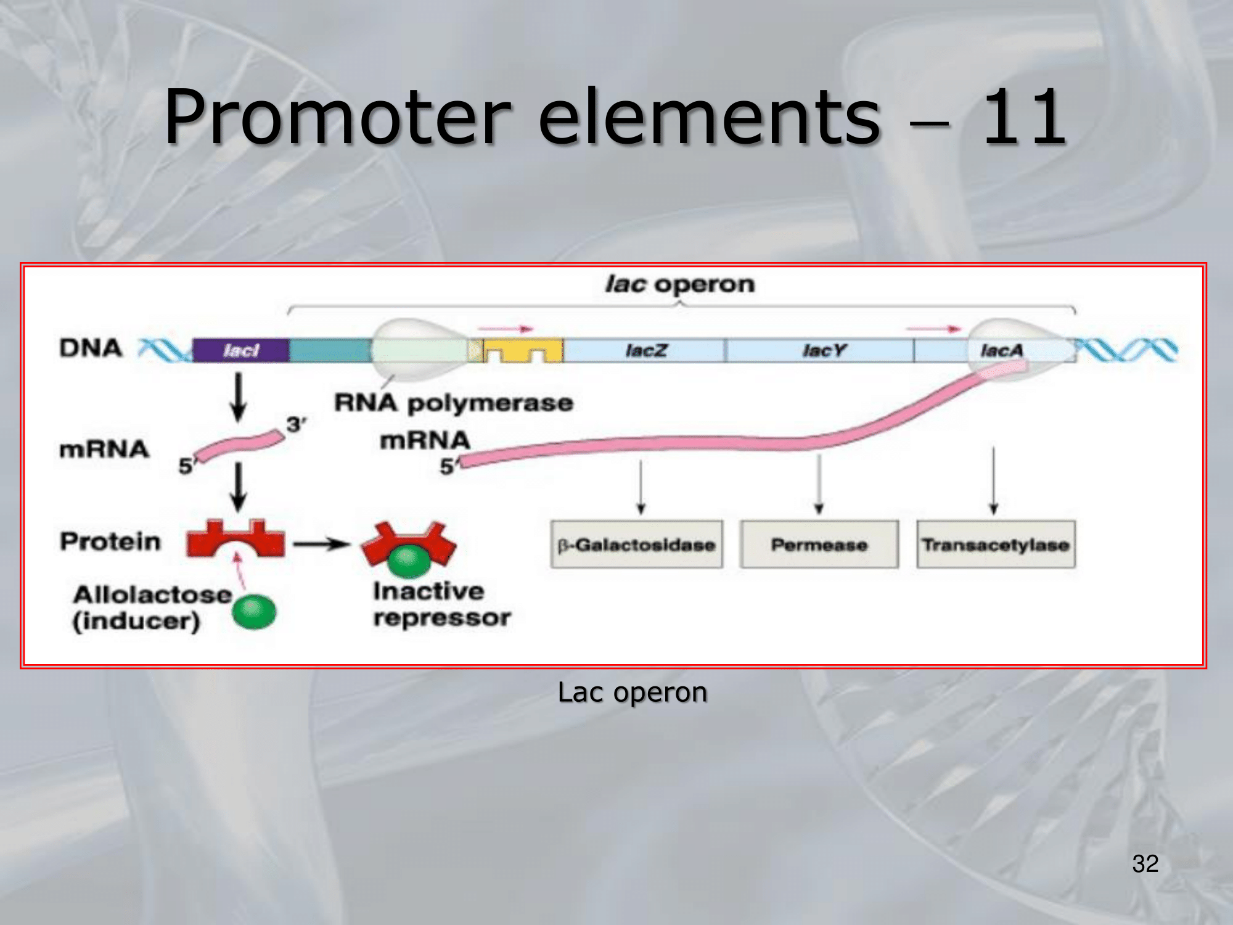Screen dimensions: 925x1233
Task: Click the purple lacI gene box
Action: click(x=240, y=350)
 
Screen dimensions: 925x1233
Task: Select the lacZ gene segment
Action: click(x=645, y=350)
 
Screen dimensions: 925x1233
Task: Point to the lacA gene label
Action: click(x=1001, y=350)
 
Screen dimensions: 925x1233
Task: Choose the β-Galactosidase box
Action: click(x=636, y=545)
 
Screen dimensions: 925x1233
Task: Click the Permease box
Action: click(x=819, y=545)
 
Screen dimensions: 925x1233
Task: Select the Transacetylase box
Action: click(x=996, y=545)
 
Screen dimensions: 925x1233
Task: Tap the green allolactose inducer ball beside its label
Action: click(x=254, y=611)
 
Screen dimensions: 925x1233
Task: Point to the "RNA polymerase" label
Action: click(x=454, y=403)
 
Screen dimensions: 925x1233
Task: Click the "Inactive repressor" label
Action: click(x=441, y=604)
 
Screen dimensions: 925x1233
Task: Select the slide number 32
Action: click(x=1145, y=863)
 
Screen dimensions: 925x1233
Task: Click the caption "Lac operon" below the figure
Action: click(x=632, y=692)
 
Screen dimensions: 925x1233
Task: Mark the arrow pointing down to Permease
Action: click(x=819, y=484)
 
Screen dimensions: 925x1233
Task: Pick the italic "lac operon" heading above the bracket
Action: click(x=679, y=284)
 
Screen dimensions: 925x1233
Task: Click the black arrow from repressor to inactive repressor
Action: click(x=321, y=544)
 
